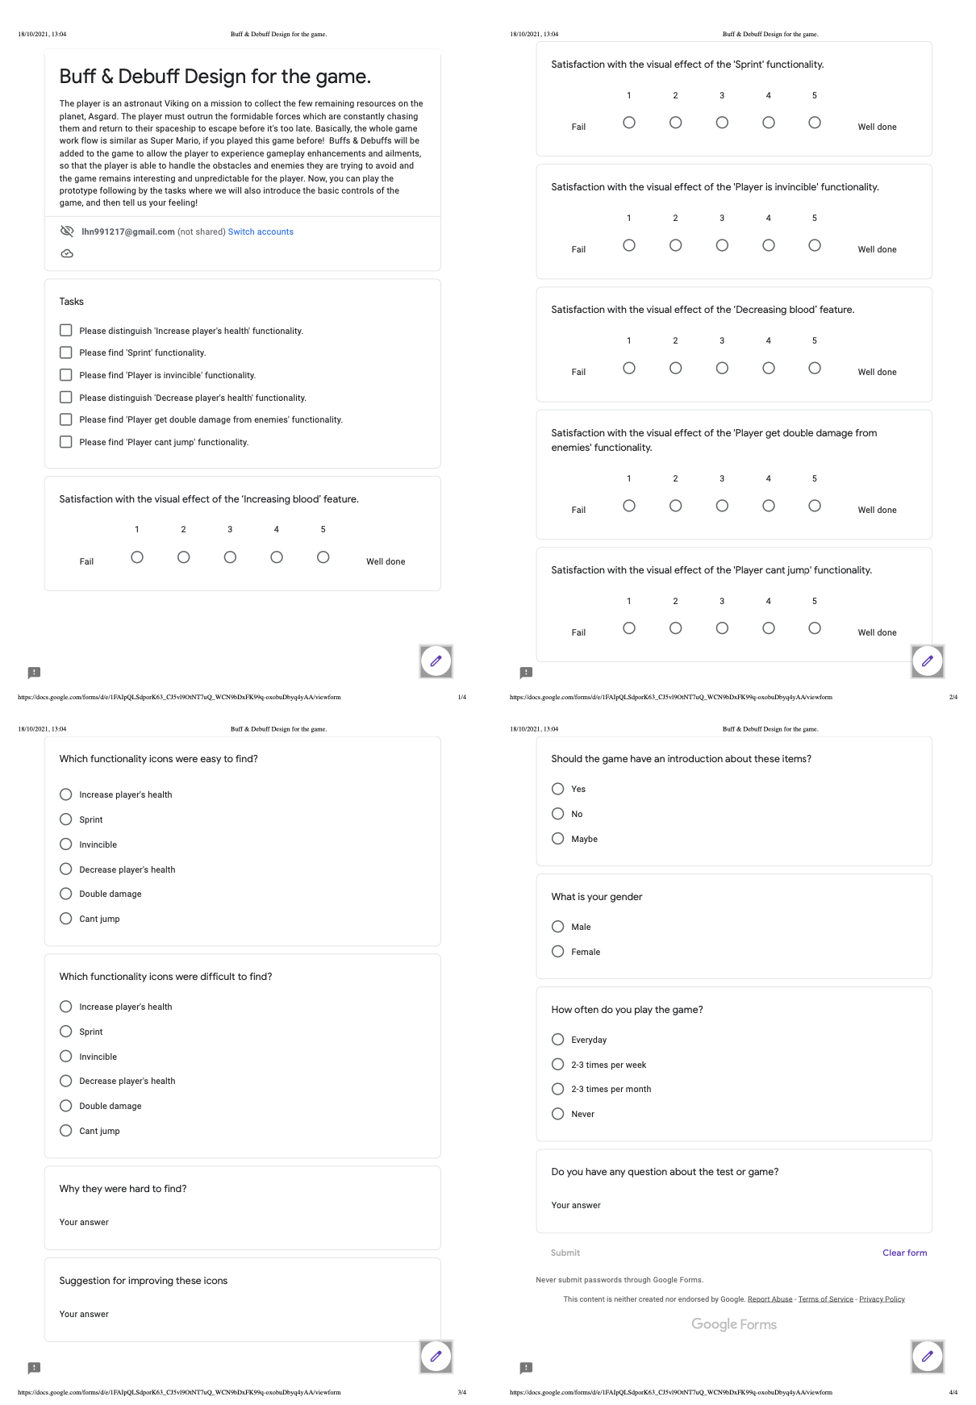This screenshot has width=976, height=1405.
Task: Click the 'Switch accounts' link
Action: [261, 232]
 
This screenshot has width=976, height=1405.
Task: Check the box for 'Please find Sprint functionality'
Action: [66, 352]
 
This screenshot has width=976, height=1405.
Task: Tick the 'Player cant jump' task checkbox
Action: [66, 442]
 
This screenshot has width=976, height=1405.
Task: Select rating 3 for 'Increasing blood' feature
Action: [230, 557]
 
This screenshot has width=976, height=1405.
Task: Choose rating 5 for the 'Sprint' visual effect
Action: [815, 123]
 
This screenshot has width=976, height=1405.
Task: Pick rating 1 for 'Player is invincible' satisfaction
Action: [629, 245]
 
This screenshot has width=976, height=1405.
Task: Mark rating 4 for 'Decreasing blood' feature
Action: [769, 368]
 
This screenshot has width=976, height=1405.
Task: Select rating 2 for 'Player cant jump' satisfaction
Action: [676, 628]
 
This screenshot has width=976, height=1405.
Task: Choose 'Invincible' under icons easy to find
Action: [66, 844]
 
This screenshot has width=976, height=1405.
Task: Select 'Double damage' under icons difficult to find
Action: [66, 1106]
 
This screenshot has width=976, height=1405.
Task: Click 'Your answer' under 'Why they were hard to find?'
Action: [84, 1223]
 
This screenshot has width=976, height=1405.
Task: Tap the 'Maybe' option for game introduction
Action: [558, 839]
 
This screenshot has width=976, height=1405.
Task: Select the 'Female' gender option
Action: [558, 952]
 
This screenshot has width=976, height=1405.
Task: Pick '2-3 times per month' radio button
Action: [558, 1089]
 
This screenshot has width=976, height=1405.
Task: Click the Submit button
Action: [565, 1253]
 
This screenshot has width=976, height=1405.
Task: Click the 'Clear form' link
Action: [904, 1253]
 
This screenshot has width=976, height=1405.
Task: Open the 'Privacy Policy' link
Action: [882, 1299]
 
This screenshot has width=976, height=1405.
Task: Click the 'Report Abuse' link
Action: [770, 1299]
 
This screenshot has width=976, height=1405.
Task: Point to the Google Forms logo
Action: [734, 1324]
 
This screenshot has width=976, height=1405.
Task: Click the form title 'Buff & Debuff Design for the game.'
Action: [215, 77]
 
